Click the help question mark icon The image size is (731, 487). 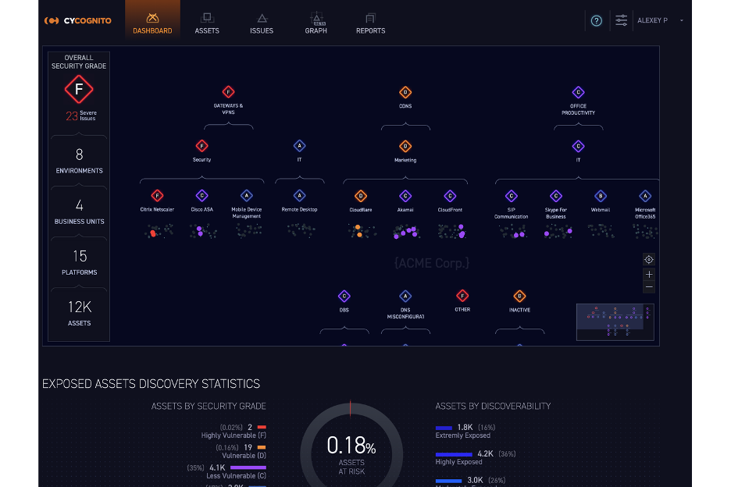click(597, 21)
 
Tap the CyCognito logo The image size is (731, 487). click(78, 21)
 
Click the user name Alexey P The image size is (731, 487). click(653, 21)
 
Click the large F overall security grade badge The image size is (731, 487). click(78, 91)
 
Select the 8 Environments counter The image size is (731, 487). click(79, 160)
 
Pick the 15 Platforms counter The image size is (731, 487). click(79, 261)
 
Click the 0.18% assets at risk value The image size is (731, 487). click(351, 446)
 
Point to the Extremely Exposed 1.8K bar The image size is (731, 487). click(444, 428)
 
